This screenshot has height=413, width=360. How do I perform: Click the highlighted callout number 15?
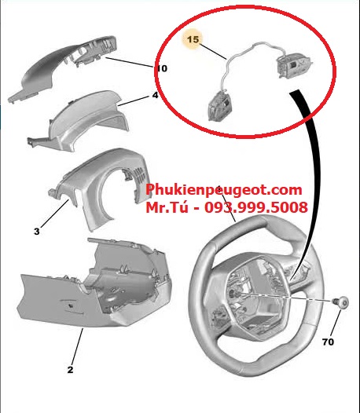[x=193, y=39]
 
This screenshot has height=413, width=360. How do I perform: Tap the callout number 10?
[x=162, y=68]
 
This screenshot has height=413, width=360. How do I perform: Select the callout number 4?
[x=155, y=95]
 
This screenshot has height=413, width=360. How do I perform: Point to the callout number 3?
[x=37, y=232]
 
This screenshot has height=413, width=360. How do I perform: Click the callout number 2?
[x=70, y=370]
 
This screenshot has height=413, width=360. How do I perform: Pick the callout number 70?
[x=328, y=342]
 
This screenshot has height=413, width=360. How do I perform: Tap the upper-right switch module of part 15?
[x=294, y=65]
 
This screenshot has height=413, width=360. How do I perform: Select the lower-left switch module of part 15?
[x=219, y=106]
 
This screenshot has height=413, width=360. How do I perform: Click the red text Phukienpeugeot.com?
[x=224, y=190]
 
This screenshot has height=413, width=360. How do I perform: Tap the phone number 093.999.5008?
[x=256, y=207]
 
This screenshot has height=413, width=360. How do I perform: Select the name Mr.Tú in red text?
[x=167, y=207]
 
